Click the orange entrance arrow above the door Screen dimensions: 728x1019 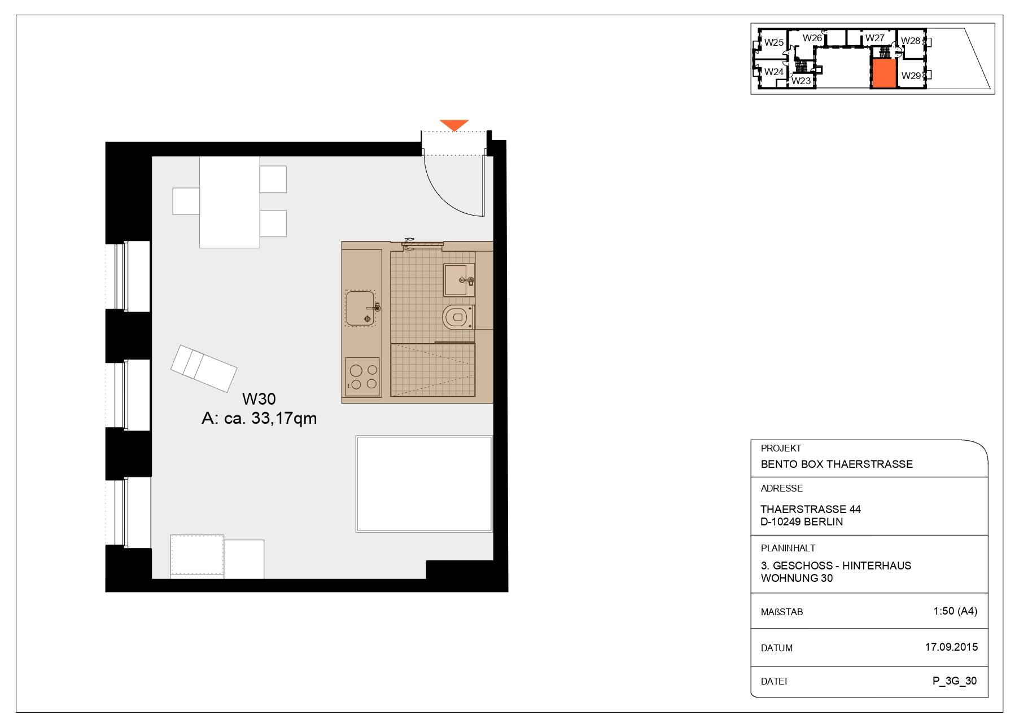tap(454, 125)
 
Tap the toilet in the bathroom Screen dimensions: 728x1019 tap(455, 318)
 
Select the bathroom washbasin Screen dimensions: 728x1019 tap(458, 279)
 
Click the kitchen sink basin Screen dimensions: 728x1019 tap(360, 308)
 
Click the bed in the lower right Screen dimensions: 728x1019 tap(423, 484)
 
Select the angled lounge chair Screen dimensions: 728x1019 tap(204, 369)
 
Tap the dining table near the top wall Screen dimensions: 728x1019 tap(229, 202)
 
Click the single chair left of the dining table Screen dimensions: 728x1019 tap(186, 201)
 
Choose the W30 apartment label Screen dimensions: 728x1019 tap(259, 399)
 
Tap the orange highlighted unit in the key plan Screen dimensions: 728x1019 tap(884, 74)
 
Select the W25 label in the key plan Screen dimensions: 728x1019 tap(774, 42)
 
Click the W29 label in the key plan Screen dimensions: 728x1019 tap(911, 76)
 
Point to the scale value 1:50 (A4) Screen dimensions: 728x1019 tap(955, 611)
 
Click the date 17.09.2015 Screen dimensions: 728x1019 tap(951, 647)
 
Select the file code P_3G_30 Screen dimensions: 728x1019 tap(954, 681)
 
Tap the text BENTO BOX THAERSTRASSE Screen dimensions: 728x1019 tap(837, 464)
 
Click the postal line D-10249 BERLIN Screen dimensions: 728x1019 tap(802, 521)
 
